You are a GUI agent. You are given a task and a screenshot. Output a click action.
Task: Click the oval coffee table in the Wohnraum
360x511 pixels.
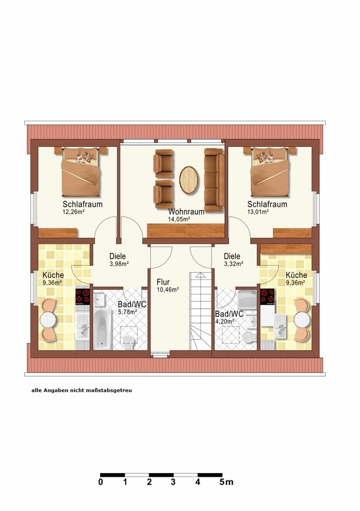[x=188, y=180]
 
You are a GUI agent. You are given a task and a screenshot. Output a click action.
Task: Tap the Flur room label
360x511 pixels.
[x=163, y=282]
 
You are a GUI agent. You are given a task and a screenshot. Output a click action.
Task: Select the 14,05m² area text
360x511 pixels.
[x=179, y=219]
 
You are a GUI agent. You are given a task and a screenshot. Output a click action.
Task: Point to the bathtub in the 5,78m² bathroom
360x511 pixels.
[x=103, y=329]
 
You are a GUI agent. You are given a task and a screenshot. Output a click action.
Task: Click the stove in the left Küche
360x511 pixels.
[x=82, y=296]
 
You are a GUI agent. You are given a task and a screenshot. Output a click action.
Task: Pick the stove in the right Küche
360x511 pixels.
[x=267, y=296]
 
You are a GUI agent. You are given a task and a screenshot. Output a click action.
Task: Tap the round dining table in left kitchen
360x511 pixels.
[x=48, y=320]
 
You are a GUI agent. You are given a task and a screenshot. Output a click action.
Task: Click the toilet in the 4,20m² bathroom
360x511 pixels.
[x=249, y=338]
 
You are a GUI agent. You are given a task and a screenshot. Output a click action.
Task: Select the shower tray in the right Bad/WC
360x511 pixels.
[x=247, y=299]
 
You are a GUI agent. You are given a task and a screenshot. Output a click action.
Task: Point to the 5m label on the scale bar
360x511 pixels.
[x=226, y=482]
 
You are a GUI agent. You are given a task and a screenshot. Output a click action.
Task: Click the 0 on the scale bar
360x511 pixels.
[x=101, y=482]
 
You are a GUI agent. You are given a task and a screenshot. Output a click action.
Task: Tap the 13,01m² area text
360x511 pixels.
[x=258, y=212]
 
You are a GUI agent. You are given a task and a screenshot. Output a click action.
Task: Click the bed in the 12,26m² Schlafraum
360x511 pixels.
[x=81, y=172]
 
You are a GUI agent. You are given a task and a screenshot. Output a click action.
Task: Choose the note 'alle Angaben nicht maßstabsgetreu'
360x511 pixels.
[x=82, y=390]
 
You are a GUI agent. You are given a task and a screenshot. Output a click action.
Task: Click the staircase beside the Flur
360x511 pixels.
[x=201, y=311]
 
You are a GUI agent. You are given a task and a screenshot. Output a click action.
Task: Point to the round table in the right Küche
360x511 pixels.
[x=302, y=320]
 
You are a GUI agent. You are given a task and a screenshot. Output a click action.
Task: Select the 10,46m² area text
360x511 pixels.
[x=168, y=289]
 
